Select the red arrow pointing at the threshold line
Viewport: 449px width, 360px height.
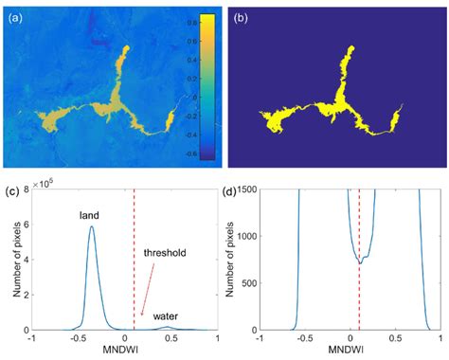[150, 290]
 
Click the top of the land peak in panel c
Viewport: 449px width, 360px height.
[91, 226]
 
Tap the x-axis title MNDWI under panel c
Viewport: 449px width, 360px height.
[125, 353]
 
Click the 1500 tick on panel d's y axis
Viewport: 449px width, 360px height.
[260, 191]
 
